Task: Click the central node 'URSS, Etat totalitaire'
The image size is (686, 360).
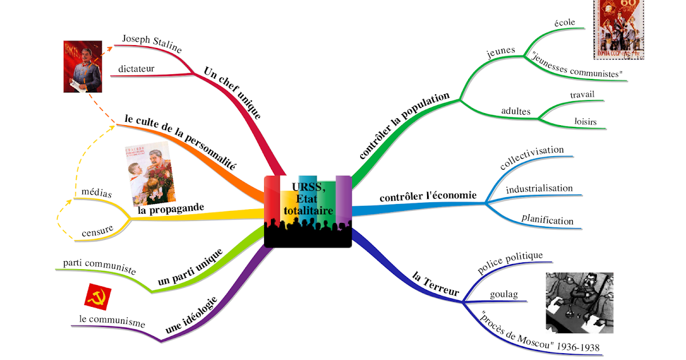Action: click(308, 210)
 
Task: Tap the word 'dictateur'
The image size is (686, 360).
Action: click(136, 69)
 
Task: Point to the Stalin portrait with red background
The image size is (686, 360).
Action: click(82, 66)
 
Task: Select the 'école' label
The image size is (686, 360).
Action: click(565, 23)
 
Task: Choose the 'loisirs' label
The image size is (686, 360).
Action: click(585, 122)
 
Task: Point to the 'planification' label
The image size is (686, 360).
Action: click(547, 219)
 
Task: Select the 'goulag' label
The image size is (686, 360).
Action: click(504, 295)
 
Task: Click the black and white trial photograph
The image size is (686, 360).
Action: click(580, 302)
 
